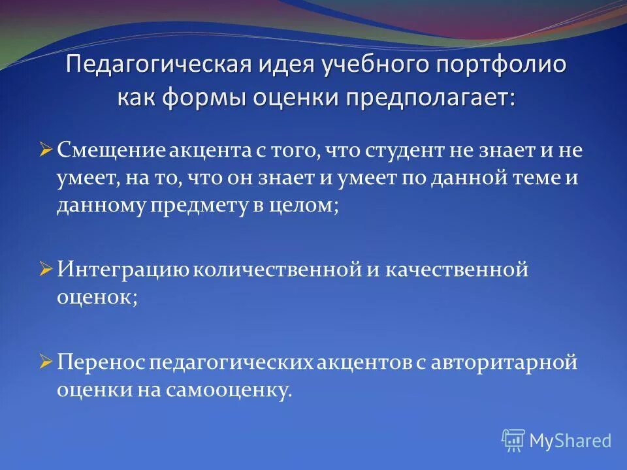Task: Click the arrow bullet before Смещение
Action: (45, 151)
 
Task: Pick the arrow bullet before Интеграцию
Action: (45, 269)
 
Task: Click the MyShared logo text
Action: (570, 441)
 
